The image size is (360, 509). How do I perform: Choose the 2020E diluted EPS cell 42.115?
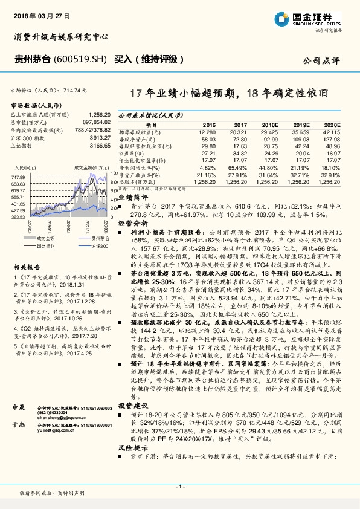331,131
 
